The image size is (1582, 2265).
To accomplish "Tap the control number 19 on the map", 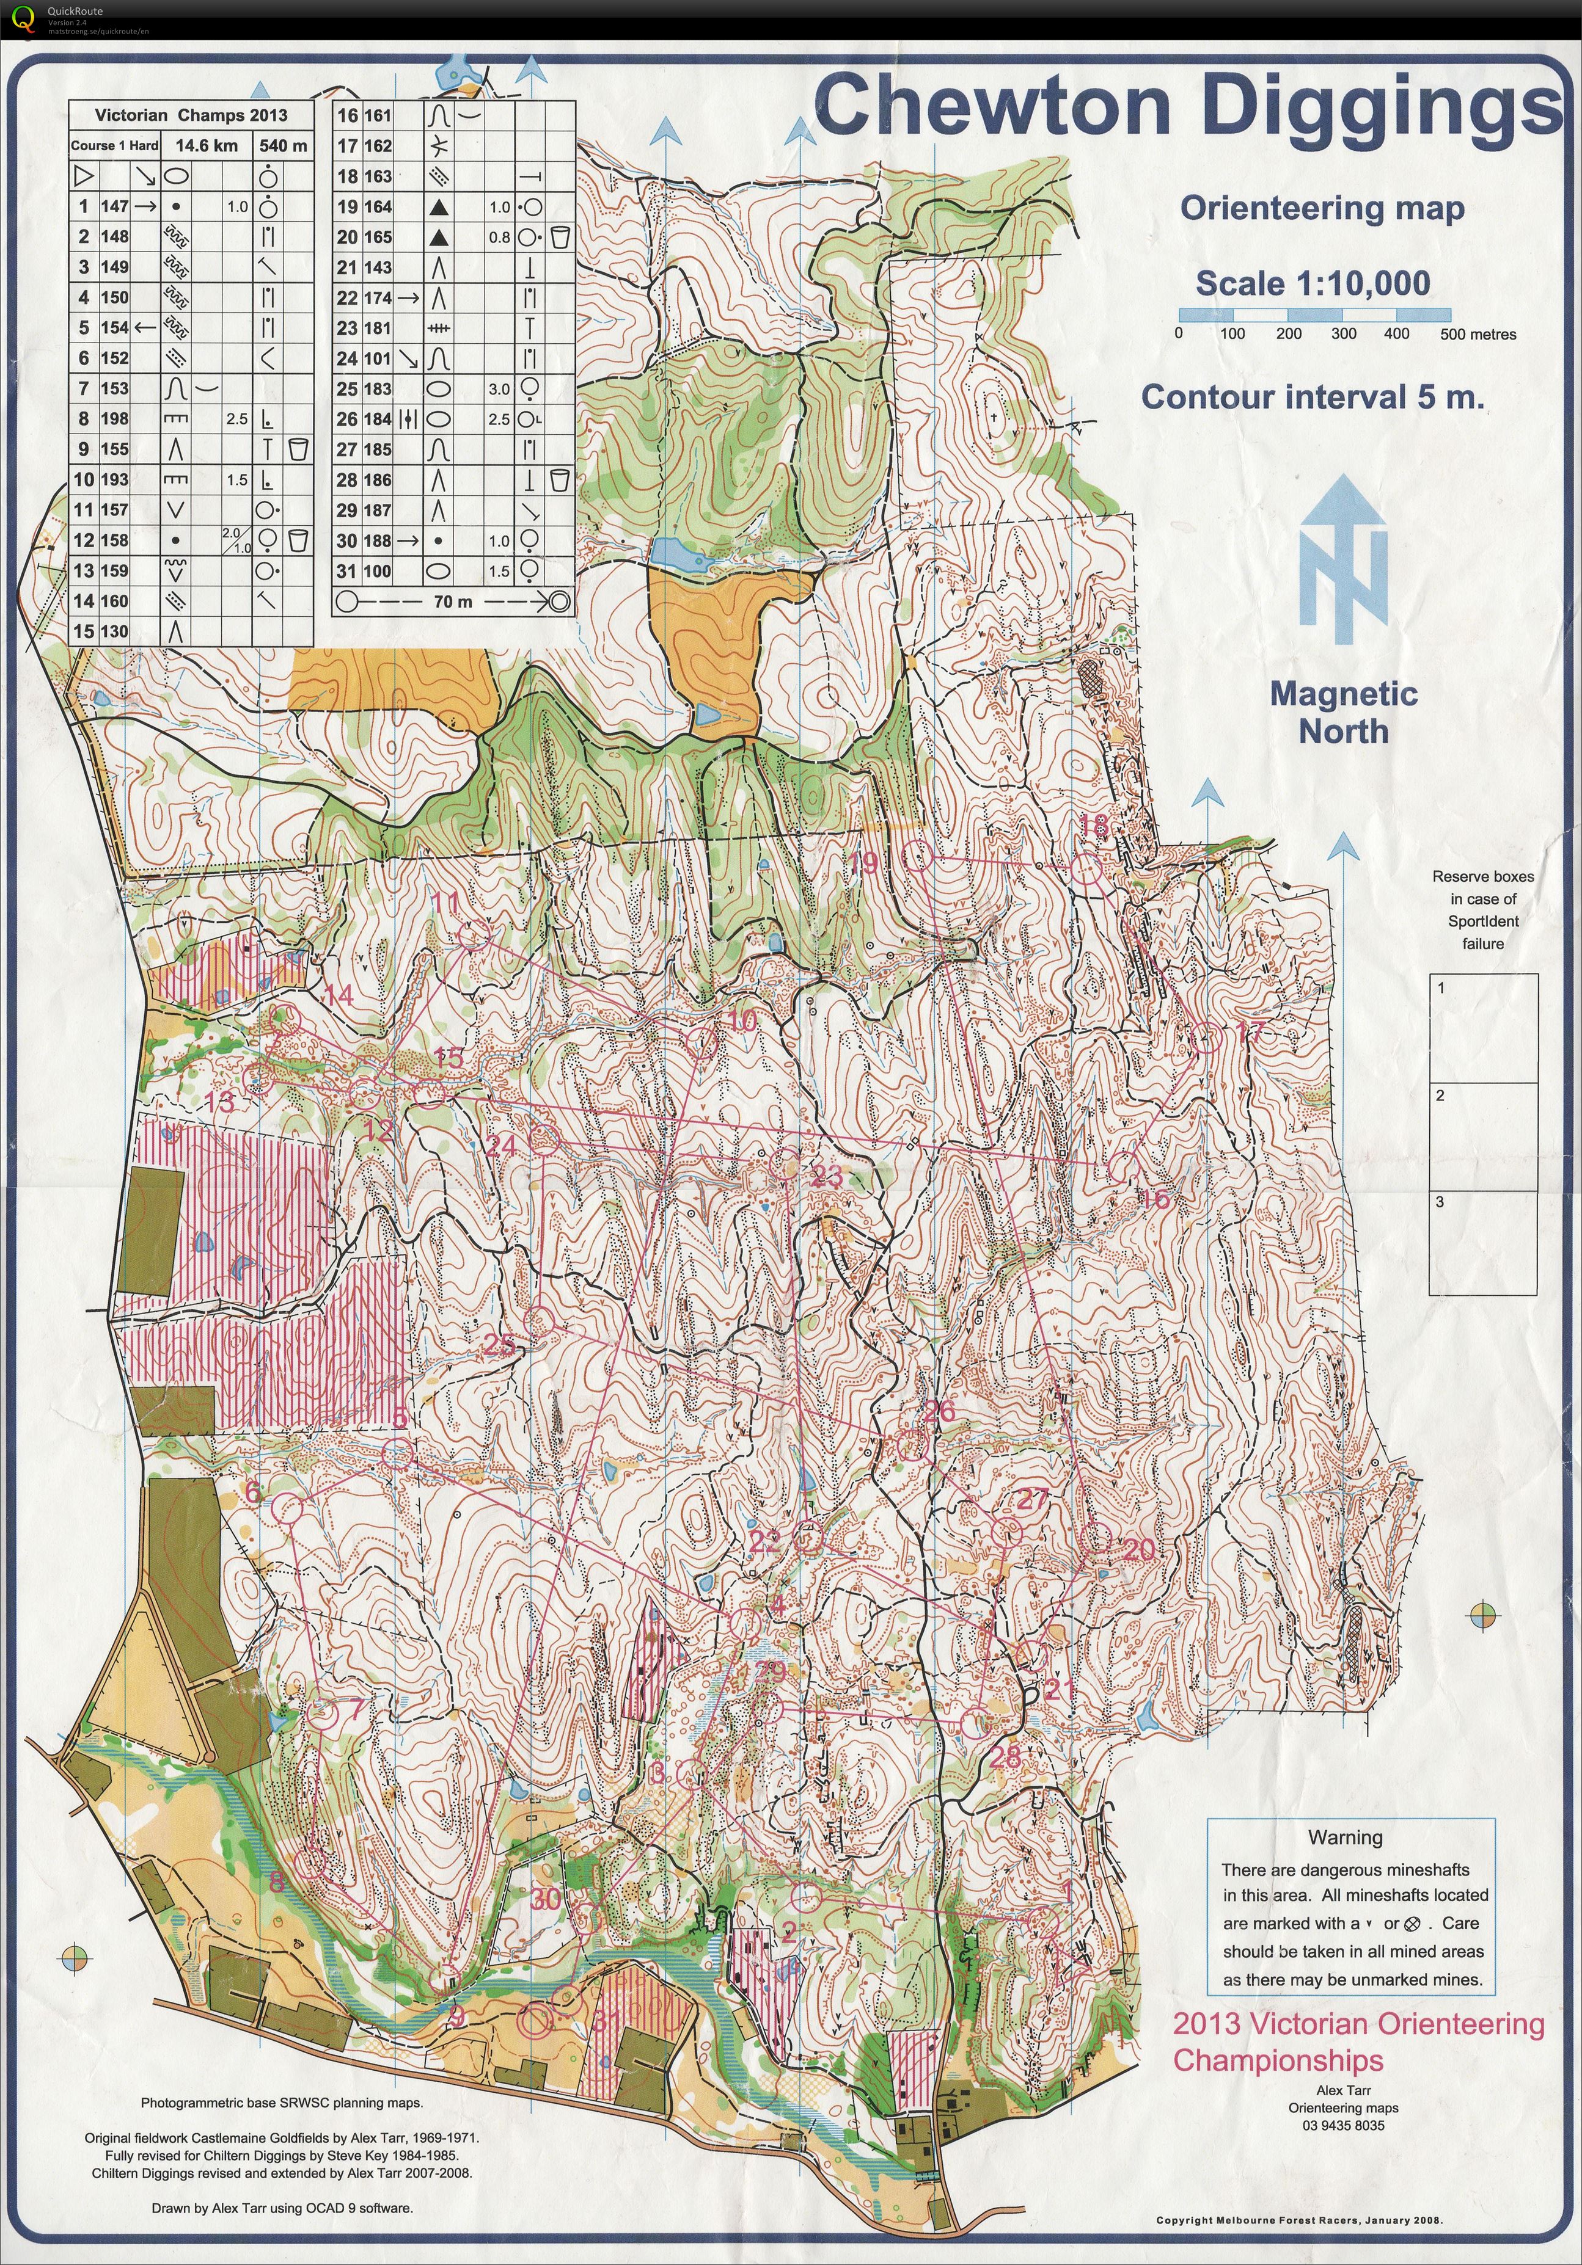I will pyautogui.click(x=863, y=863).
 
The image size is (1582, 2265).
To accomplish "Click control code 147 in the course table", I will pyautogui.click(x=114, y=206).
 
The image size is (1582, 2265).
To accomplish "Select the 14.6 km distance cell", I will pyautogui.click(x=207, y=145).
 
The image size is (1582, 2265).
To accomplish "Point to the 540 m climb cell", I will pyautogui.click(x=284, y=145).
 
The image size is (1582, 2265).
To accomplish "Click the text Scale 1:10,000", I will pyautogui.click(x=1313, y=283).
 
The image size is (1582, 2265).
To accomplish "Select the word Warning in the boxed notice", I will pyautogui.click(x=1345, y=1837).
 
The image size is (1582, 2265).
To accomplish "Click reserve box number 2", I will pyautogui.click(x=1483, y=1135).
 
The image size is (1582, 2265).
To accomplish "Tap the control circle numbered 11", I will pyautogui.click(x=473, y=933).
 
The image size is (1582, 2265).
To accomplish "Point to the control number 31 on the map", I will pyautogui.click(x=606, y=2018).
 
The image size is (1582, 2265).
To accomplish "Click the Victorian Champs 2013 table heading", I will pyautogui.click(x=191, y=114).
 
